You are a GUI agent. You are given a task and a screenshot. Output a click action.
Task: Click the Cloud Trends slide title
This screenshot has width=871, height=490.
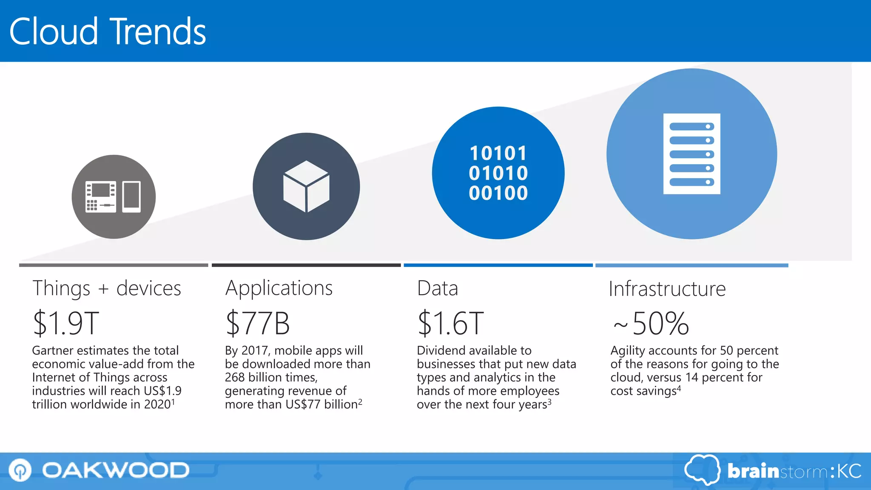[107, 31]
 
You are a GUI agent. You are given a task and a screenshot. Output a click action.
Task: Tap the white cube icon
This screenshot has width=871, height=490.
[306, 186]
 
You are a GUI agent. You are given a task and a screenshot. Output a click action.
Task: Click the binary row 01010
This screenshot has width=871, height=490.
[498, 173]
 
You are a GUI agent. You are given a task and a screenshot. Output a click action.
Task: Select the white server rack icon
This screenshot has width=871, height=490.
[692, 154]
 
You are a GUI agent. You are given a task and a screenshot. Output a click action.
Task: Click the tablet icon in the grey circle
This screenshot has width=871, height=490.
[131, 197]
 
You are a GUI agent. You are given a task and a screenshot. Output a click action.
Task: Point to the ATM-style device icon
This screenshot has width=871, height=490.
[100, 197]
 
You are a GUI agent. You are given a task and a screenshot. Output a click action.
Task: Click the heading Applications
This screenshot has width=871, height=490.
[279, 288]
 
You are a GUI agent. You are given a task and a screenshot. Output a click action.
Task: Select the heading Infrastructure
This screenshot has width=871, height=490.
[667, 289]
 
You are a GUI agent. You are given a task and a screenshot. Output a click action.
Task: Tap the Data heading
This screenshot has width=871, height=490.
[438, 288]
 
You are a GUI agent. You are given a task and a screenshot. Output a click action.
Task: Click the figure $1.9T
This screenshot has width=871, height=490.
[66, 323]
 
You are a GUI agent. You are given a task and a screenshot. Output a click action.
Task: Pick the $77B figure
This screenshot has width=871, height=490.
[257, 323]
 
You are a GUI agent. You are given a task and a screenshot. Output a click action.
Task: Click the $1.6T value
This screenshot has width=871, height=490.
[450, 323]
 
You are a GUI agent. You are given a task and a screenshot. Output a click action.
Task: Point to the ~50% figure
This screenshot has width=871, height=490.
[651, 323]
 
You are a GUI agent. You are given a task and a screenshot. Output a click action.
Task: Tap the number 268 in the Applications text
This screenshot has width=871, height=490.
[235, 377]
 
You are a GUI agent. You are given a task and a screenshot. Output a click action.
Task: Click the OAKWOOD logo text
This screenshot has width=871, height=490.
[116, 470]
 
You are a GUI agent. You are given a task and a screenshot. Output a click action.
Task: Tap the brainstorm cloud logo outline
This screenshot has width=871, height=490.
[702, 470]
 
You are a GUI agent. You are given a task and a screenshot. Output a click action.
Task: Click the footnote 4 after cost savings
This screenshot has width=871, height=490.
[679, 388]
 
